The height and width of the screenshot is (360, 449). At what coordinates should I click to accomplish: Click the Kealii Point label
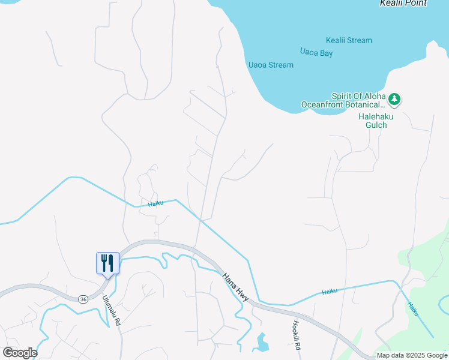[403, 4]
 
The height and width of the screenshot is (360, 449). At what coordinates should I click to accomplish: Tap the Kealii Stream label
[349, 41]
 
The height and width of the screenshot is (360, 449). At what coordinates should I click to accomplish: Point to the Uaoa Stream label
[271, 65]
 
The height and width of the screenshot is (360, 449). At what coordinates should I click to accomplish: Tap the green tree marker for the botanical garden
[394, 98]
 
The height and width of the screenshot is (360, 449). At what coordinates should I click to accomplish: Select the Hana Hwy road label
[236, 284]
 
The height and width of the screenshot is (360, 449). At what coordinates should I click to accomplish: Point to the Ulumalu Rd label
[112, 310]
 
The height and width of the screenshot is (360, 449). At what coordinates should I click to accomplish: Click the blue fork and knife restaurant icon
[107, 262]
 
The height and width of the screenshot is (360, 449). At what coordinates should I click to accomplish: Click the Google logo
[20, 352]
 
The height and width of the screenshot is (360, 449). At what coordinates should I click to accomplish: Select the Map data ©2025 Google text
[412, 355]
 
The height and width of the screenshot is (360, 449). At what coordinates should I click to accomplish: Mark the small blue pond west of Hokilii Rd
[262, 342]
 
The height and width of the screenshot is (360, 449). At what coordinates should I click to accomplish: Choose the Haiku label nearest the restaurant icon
[155, 203]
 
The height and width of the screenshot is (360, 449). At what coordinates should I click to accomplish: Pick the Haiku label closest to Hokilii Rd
[330, 291]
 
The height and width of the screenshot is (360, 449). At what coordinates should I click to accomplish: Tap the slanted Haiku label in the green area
[413, 308]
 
